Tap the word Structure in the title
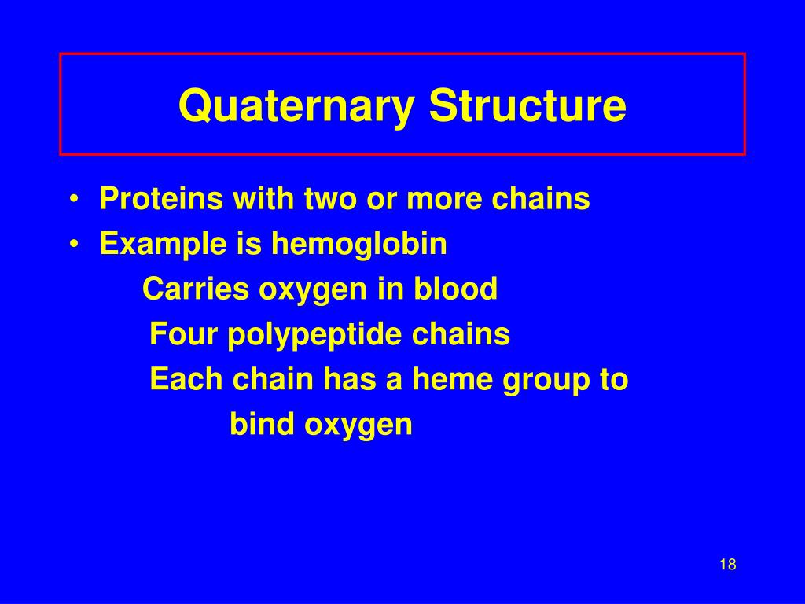coord(527,106)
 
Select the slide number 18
coord(727,565)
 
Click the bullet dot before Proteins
coord(73,201)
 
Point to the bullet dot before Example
coord(73,245)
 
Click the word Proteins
coord(161,200)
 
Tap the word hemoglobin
coord(359,245)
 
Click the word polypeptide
coord(314,335)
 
